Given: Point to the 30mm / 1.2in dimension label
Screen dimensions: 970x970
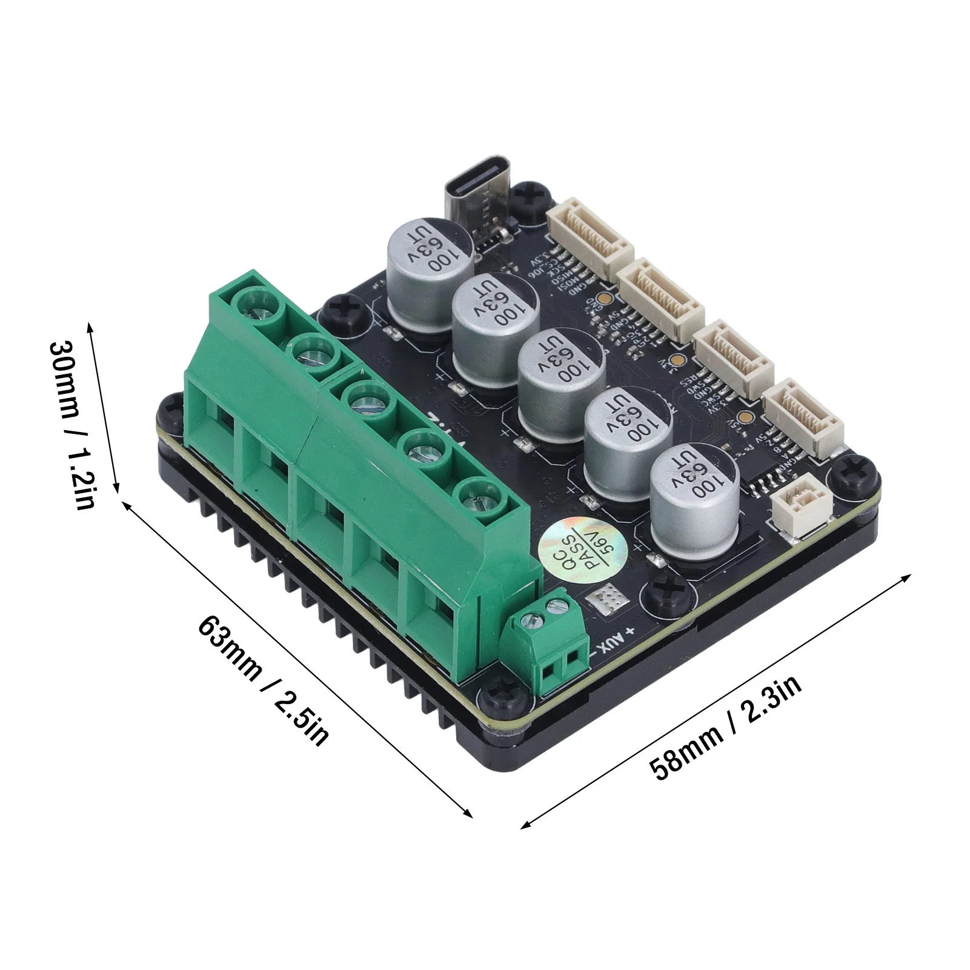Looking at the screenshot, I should [72, 424].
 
